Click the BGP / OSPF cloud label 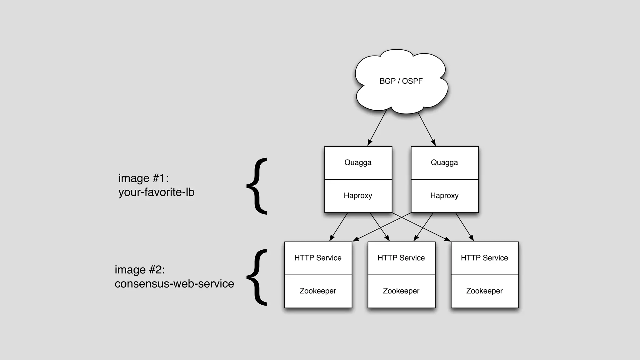coord(401,81)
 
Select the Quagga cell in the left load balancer coord(358,163)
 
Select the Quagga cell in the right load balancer coord(444,163)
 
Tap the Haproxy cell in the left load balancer coord(358,196)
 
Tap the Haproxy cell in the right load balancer coord(444,196)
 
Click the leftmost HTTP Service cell coord(318,258)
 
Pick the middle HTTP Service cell coord(401,258)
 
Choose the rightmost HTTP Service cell coord(484,258)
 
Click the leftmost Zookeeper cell coord(318,291)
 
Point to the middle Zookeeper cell coord(401,291)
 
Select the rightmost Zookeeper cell coord(484,291)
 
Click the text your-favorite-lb coord(156,192)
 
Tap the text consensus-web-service coord(174,284)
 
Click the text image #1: coord(143,178)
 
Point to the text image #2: coord(140,270)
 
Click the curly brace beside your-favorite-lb coord(257,186)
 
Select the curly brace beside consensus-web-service coord(257,277)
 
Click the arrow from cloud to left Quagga coord(377,127)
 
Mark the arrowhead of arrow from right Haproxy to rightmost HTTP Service coord(472,238)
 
